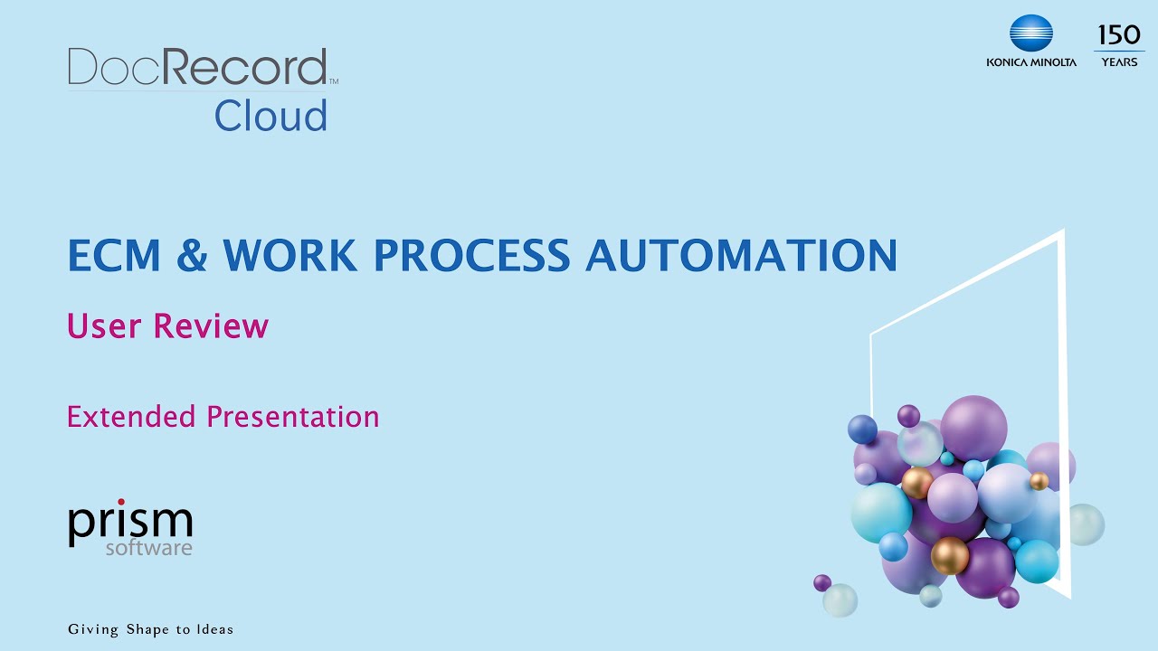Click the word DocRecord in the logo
pyautogui.click(x=197, y=68)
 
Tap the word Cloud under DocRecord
pyautogui.click(x=271, y=117)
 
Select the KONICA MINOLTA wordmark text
pyautogui.click(x=1031, y=62)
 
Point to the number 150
pyautogui.click(x=1119, y=36)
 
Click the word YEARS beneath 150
pyautogui.click(x=1119, y=62)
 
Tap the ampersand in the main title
pyautogui.click(x=192, y=256)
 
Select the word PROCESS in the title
pyautogui.click(x=472, y=256)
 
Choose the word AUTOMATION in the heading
pyautogui.click(x=741, y=256)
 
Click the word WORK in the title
pyautogui.click(x=289, y=256)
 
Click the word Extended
pyautogui.click(x=131, y=417)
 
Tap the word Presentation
pyautogui.click(x=293, y=417)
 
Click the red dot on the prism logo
pyautogui.click(x=121, y=503)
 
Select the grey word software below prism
pyautogui.click(x=148, y=548)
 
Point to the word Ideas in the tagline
pyautogui.click(x=214, y=629)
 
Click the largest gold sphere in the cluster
pyautogui.click(x=950, y=555)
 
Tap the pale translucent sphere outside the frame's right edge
pyautogui.click(x=1084, y=524)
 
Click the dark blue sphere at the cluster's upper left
pyautogui.click(x=862, y=429)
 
